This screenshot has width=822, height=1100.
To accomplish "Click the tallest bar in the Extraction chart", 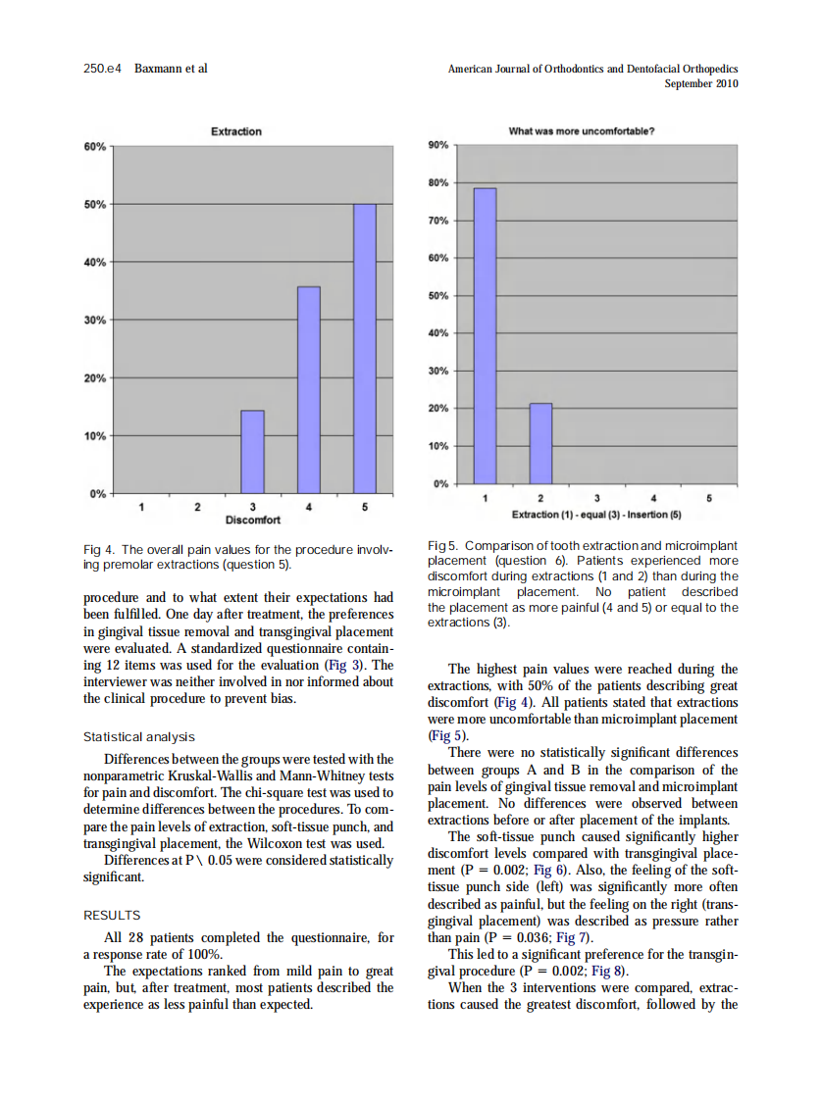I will coord(365,348).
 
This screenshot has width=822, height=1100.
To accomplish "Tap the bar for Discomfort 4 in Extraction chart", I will coord(309,389).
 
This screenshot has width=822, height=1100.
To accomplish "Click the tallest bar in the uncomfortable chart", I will coord(485,335).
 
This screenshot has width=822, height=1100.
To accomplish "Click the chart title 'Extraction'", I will coord(236,131).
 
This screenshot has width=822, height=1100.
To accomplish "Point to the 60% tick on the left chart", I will coord(95,147).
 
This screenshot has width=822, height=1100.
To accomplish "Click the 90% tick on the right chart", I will coord(438,145).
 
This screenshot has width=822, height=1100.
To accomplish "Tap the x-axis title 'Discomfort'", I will coord(253,520).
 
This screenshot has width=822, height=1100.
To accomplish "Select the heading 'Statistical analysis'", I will coord(138,736).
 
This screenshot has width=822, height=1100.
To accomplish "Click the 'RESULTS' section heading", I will coord(112,915).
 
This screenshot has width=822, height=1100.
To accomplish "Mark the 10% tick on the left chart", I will coord(95,435).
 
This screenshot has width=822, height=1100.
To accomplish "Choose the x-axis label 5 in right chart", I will coord(708,498).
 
